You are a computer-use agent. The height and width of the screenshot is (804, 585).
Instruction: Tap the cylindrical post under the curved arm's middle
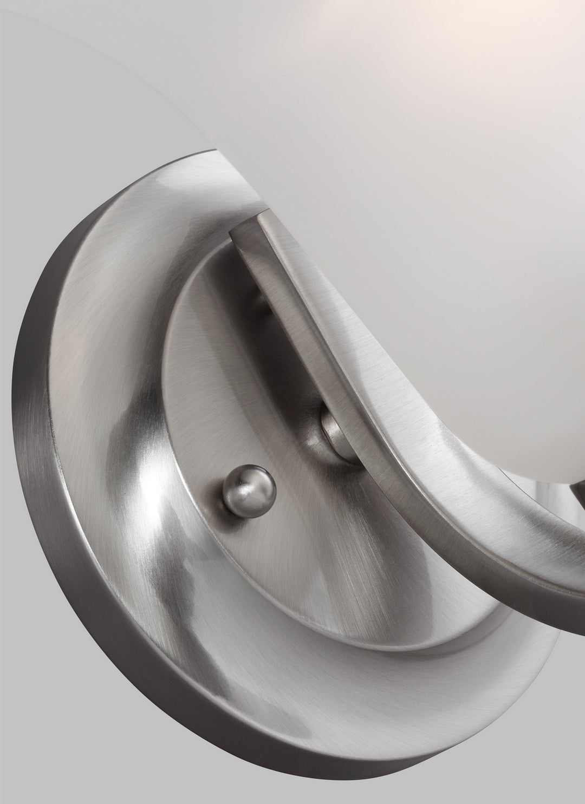click(x=331, y=424)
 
